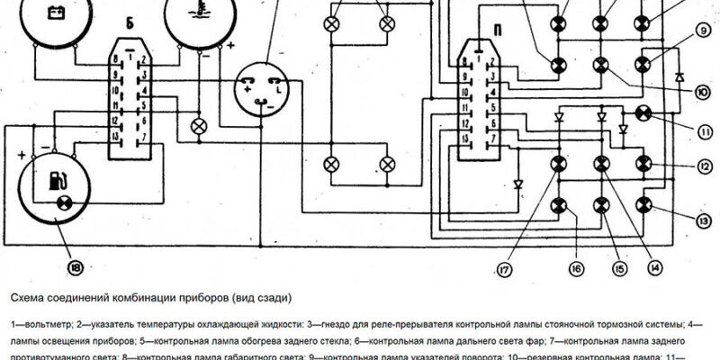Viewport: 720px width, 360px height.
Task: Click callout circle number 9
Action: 702,37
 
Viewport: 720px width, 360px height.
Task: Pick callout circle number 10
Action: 702,89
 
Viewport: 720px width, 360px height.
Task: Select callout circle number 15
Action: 618,267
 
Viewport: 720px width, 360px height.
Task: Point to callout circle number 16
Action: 576,267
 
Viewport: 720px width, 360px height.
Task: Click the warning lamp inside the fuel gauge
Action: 65,202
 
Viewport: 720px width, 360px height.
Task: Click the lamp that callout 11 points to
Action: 643,112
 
